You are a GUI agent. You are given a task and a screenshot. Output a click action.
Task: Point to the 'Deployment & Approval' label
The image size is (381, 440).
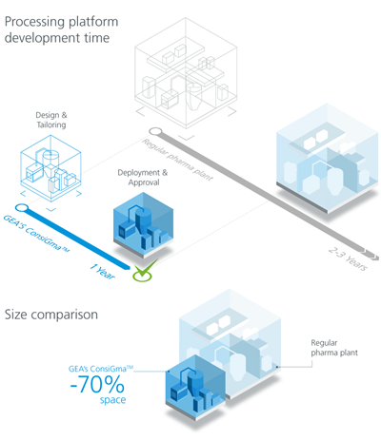point(145,178)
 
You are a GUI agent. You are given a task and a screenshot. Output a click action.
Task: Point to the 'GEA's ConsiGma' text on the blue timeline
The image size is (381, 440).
point(48,226)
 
